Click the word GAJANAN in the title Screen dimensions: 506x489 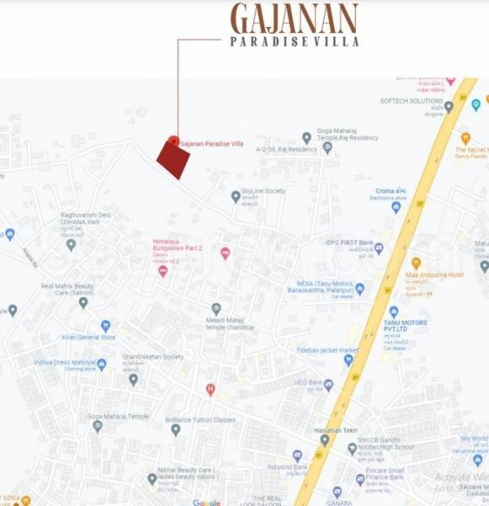coord(294,19)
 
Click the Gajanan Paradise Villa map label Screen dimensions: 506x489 coord(212,144)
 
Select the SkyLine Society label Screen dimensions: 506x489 coord(263,191)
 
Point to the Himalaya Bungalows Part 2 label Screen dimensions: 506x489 coord(175,245)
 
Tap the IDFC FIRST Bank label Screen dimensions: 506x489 coord(349,243)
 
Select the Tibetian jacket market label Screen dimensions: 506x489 coord(327,350)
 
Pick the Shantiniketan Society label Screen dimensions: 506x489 coord(153,357)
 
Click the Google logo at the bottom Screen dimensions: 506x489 coord(207,502)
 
